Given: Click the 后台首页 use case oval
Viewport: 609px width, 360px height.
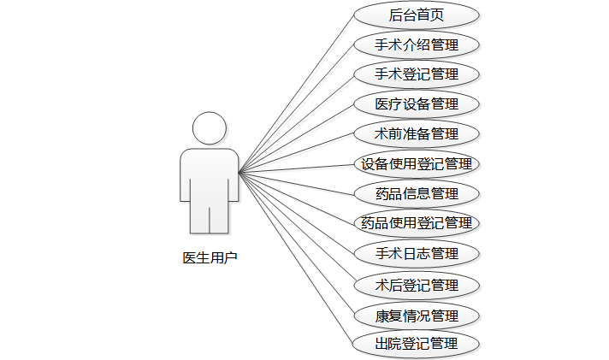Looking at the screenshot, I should tap(416, 15).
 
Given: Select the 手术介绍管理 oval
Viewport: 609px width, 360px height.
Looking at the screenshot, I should tap(416, 44).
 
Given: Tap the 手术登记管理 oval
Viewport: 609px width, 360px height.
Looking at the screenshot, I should tap(416, 74).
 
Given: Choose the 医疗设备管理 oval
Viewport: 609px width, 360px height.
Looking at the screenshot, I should tap(416, 104).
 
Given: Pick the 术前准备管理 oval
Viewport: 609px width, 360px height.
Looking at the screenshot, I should tap(416, 134).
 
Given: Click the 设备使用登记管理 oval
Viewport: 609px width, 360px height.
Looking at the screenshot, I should tap(416, 164).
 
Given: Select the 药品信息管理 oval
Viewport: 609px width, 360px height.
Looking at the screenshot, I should tap(416, 194).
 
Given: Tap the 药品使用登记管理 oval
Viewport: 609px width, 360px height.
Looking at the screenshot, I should tap(416, 224).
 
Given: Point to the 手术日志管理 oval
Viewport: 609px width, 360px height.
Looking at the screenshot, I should tap(416, 254).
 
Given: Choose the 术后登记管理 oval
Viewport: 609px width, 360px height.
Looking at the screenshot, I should tap(416, 285).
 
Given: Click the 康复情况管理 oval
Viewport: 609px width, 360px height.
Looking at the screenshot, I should tap(416, 315).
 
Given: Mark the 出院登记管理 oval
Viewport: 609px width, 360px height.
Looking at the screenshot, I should tap(416, 345).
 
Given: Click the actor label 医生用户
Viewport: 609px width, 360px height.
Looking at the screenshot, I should tap(210, 257).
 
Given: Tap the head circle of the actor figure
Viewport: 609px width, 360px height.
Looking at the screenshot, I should tap(210, 129).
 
